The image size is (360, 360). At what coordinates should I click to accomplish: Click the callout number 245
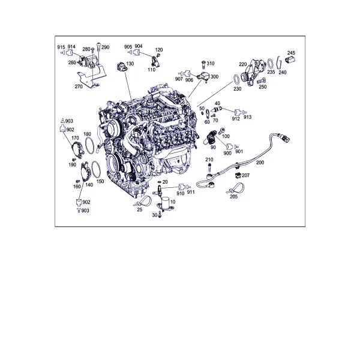pyautogui.click(x=291, y=53)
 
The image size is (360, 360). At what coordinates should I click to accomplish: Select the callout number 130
pyautogui.click(x=130, y=64)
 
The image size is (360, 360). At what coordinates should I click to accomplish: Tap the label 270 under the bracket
pyautogui.click(x=79, y=86)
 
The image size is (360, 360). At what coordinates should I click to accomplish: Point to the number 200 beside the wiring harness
pyautogui.click(x=260, y=163)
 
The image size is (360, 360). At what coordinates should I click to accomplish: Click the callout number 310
pyautogui.click(x=211, y=64)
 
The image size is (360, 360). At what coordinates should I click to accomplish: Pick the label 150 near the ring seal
pyautogui.click(x=100, y=181)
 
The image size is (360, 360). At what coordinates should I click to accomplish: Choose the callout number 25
pyautogui.click(x=140, y=209)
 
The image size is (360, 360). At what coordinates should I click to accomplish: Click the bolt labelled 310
pyautogui.click(x=203, y=65)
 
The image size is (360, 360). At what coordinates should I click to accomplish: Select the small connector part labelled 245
pyautogui.click(x=290, y=60)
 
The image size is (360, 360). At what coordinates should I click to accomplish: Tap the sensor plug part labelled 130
pyautogui.click(x=121, y=67)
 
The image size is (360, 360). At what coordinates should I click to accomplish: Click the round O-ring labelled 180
pyautogui.click(x=89, y=146)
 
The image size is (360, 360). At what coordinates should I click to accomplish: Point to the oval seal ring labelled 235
pyautogui.click(x=271, y=64)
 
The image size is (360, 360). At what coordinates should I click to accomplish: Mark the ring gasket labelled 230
pyautogui.click(x=236, y=79)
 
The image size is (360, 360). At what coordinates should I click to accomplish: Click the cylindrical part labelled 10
pyautogui.click(x=165, y=203)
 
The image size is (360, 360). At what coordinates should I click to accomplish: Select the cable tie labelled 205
pyautogui.click(x=236, y=189)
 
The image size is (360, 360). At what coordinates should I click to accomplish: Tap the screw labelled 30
pyautogui.click(x=160, y=214)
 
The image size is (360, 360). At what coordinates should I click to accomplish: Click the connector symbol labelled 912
pyautogui.click(x=238, y=112)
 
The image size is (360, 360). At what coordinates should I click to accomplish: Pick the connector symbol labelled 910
pyautogui.click(x=182, y=187)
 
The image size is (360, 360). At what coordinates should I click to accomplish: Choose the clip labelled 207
pyautogui.click(x=238, y=175)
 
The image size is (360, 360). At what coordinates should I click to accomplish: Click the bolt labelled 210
pyautogui.click(x=209, y=167)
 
